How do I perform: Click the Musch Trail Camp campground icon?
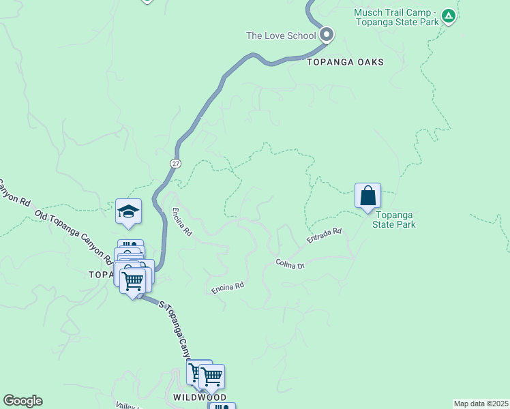click(x=448, y=15)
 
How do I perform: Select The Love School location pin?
click(x=327, y=34)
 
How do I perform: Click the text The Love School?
click(x=281, y=35)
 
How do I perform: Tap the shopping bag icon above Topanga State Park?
click(x=367, y=196)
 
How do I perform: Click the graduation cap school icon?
click(x=128, y=211)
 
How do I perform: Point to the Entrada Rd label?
click(x=323, y=236)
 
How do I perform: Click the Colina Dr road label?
click(x=290, y=264)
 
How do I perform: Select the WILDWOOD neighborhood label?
click(x=200, y=397)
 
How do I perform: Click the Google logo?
click(x=22, y=401)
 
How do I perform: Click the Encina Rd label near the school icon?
click(x=181, y=222)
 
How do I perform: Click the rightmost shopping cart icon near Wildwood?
click(x=212, y=376)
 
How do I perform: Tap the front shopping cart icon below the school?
click(x=133, y=280)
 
